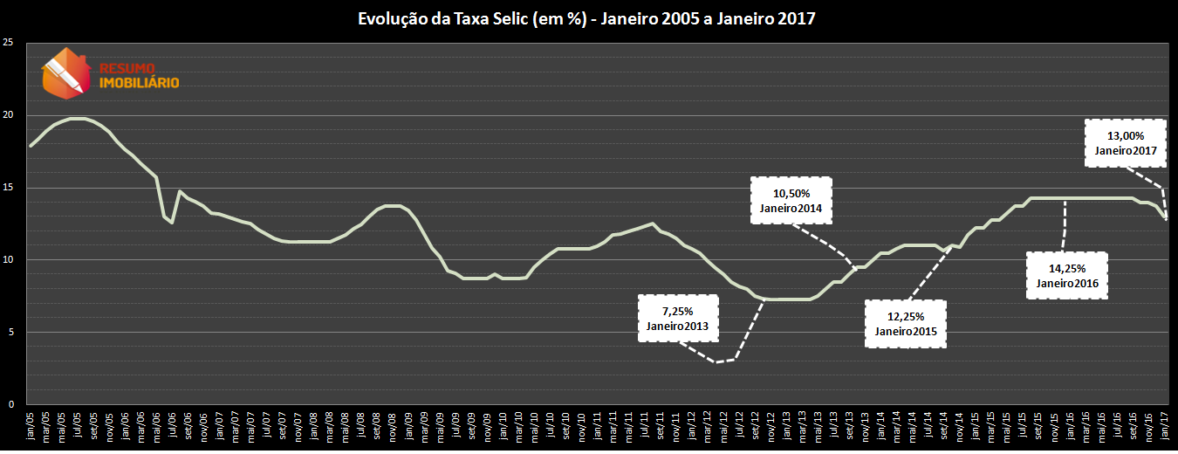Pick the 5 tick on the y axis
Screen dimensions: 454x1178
[10, 333]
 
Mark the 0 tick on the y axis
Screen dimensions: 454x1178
[10, 404]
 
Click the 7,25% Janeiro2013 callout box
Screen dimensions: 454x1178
[677, 318]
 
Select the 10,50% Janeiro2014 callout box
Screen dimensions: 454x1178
[791, 200]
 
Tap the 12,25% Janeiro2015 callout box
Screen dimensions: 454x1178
[905, 323]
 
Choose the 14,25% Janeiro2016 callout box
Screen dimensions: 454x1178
[1066, 275]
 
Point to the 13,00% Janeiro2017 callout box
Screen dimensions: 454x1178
[1125, 143]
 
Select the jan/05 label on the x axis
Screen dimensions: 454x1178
[31, 427]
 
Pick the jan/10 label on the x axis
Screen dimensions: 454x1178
[503, 427]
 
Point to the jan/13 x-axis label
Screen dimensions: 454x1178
[787, 427]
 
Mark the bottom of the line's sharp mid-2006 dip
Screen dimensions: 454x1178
[172, 223]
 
